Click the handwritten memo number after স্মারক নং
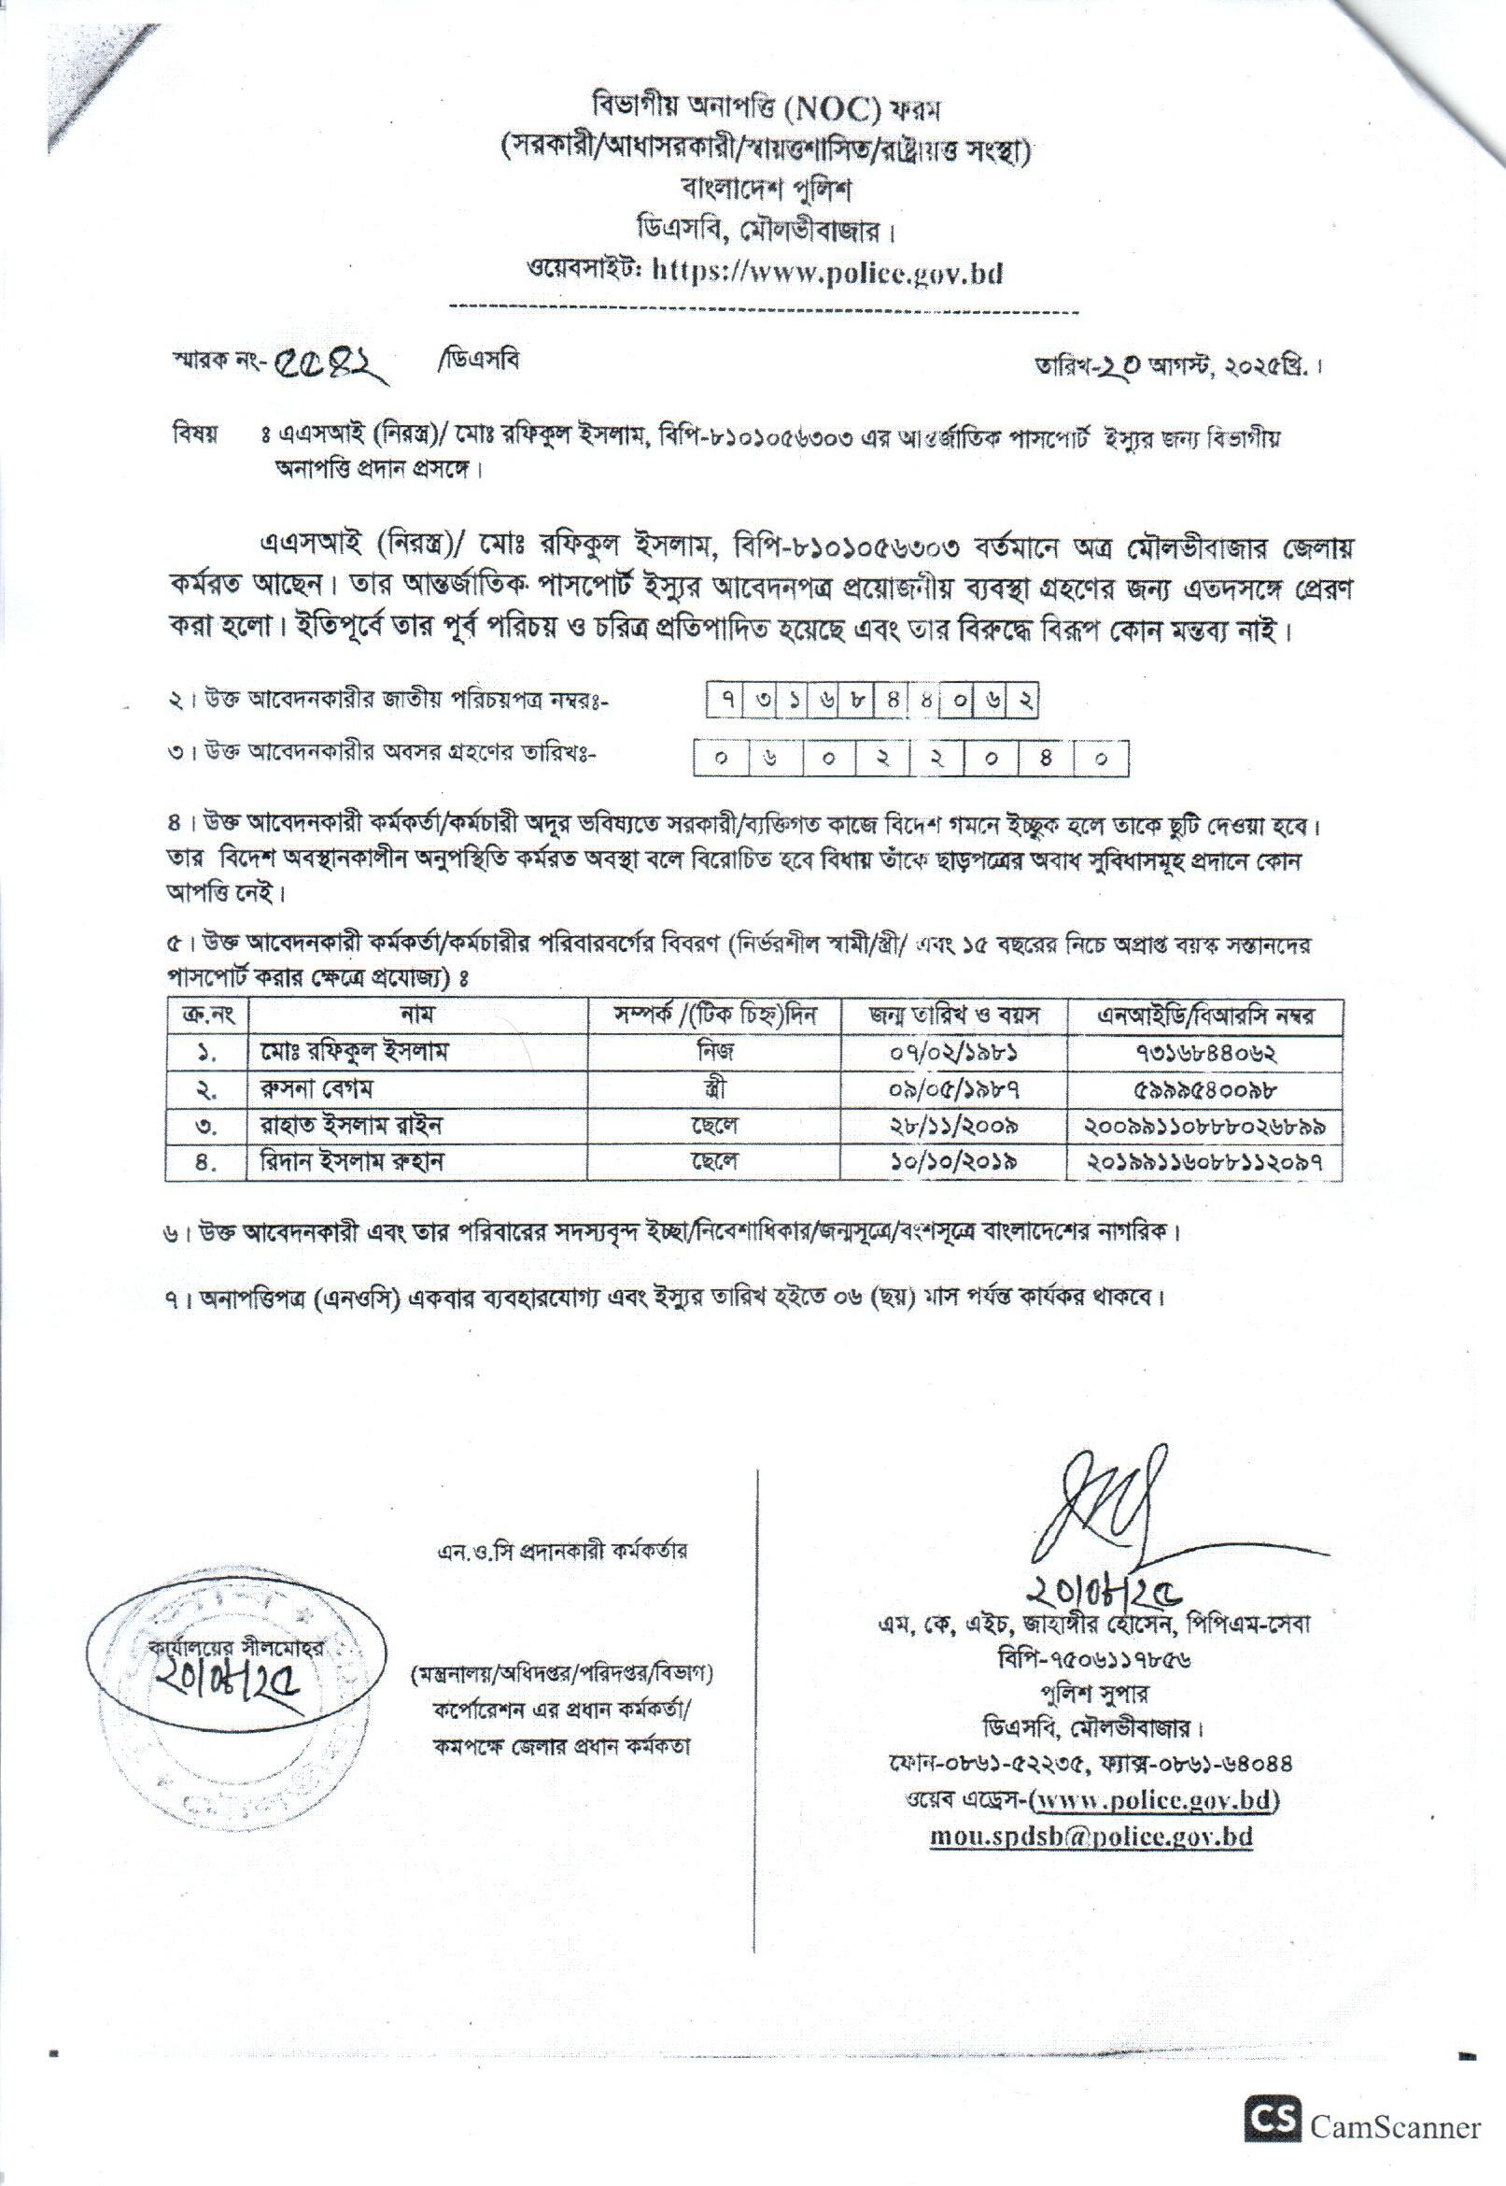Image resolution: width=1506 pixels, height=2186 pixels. click(x=334, y=365)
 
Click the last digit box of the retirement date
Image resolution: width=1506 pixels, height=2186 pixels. click(x=1100, y=758)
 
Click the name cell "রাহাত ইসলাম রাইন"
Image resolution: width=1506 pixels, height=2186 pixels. click(x=340, y=1125)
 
